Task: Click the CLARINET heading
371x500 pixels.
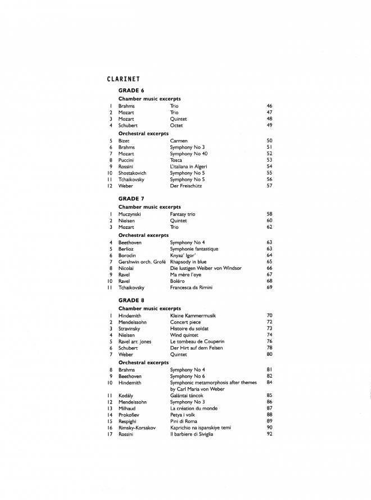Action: (123, 79)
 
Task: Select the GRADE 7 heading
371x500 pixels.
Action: (132, 199)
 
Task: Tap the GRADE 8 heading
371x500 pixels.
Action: (132, 300)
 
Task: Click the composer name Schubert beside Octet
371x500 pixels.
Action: (128, 126)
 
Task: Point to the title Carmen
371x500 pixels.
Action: (179, 141)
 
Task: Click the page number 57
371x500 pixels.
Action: (269, 186)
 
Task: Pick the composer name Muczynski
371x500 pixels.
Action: (130, 214)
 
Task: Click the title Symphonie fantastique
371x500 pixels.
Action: (194, 249)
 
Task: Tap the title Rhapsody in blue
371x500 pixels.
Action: (188, 262)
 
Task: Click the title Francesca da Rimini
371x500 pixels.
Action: (191, 287)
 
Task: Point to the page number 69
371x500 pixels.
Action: (269, 287)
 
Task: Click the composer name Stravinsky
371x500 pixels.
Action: (130, 329)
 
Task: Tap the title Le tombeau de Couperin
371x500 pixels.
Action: (197, 342)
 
